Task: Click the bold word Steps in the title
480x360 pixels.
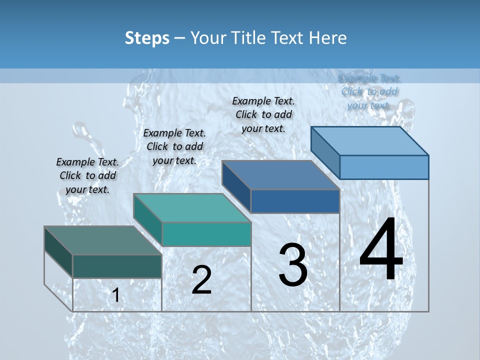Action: pyautogui.click(x=147, y=38)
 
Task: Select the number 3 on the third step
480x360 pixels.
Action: pyautogui.click(x=293, y=265)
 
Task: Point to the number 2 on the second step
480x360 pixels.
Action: pyautogui.click(x=201, y=280)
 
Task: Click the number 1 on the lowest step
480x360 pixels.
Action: pyautogui.click(x=115, y=295)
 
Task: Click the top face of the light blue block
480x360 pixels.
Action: pyautogui.click(x=370, y=140)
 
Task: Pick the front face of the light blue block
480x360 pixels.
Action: pyautogui.click(x=384, y=167)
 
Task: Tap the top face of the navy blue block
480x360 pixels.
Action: pyautogui.click(x=281, y=175)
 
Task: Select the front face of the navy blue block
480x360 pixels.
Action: pyautogui.click(x=295, y=201)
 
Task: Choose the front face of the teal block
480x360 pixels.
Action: pyautogui.click(x=206, y=234)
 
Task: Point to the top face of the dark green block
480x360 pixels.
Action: pyautogui.click(x=103, y=240)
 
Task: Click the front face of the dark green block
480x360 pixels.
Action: pyautogui.click(x=117, y=266)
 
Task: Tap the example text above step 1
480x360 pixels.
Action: pyautogui.click(x=87, y=175)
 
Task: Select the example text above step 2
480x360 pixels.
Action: pyautogui.click(x=174, y=146)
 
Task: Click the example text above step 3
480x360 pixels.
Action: pyautogui.click(x=263, y=114)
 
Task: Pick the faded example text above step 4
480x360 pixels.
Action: pyautogui.click(x=369, y=91)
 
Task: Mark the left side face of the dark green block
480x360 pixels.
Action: pyautogui.click(x=58, y=252)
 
